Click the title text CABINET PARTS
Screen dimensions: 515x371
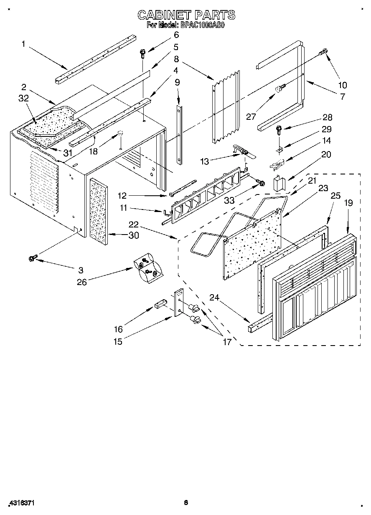[x=186, y=15]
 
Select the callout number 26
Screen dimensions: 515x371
[x=82, y=282]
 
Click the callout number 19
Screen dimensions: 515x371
[x=348, y=203]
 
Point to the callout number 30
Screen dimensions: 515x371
[x=133, y=235]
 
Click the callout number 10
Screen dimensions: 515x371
[x=342, y=85]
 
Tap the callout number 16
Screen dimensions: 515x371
[x=118, y=330]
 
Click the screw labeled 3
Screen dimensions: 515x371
[x=32, y=259]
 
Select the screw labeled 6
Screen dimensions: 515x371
[x=143, y=53]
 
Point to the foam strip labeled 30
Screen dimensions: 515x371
[x=98, y=207]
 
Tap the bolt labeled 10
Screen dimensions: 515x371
[x=323, y=52]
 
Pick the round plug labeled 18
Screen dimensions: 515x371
[x=120, y=133]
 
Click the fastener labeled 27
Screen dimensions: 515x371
[x=281, y=88]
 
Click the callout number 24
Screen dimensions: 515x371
[x=214, y=298]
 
